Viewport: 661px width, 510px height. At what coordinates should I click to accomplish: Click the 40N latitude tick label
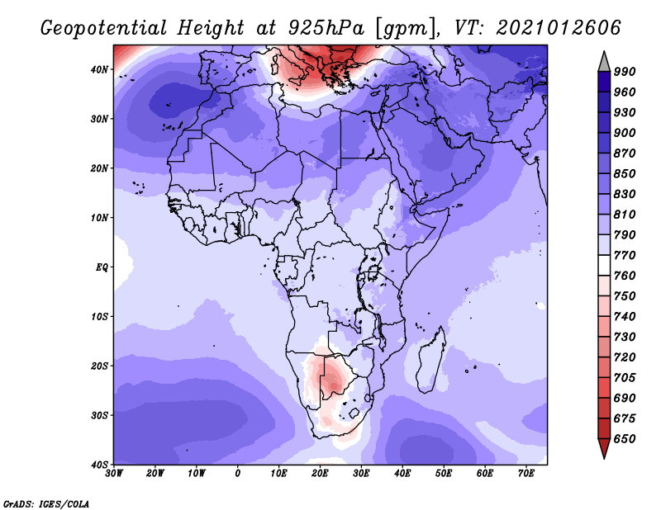point(99,69)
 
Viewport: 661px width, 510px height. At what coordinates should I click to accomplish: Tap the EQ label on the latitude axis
point(102,267)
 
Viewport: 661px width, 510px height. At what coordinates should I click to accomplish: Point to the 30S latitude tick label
point(99,416)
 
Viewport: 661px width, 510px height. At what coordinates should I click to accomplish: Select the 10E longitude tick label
point(278,474)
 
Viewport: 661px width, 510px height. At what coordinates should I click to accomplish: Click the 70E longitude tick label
point(526,474)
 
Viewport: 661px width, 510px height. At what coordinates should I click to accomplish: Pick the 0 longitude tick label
point(238,474)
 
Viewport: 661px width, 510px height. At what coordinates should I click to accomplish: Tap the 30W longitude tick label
point(114,474)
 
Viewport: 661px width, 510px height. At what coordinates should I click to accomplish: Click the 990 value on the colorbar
point(625,72)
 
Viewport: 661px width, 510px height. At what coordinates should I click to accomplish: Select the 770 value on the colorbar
point(625,255)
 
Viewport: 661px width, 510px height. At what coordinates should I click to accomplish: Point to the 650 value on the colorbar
point(625,439)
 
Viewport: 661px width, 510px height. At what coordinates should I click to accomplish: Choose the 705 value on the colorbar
point(625,378)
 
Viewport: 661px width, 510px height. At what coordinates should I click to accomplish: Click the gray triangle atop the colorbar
point(604,64)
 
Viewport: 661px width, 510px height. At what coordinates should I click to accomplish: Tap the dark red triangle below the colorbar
point(604,446)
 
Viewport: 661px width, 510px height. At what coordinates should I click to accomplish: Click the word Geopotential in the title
point(104,28)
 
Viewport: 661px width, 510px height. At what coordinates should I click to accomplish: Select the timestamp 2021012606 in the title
point(559,28)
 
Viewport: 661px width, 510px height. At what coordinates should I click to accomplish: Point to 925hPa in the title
point(326,28)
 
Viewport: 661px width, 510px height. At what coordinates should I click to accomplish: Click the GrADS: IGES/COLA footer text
point(46,503)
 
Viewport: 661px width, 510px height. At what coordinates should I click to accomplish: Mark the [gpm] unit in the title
point(405,29)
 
